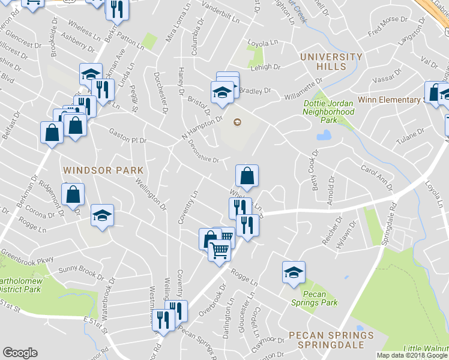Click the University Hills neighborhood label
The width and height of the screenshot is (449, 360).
tap(331, 62)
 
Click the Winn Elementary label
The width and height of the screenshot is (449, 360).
tap(391, 100)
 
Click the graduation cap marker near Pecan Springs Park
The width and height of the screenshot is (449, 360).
tap(294, 272)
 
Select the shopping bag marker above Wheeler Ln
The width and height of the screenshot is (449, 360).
tap(247, 176)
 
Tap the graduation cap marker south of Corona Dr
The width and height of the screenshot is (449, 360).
tap(103, 215)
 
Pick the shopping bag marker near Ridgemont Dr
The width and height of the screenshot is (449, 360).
tap(73, 195)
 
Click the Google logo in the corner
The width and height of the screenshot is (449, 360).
tap(20, 353)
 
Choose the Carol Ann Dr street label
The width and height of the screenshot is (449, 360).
tap(377, 178)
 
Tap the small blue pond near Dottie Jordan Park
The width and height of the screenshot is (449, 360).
tap(323, 136)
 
